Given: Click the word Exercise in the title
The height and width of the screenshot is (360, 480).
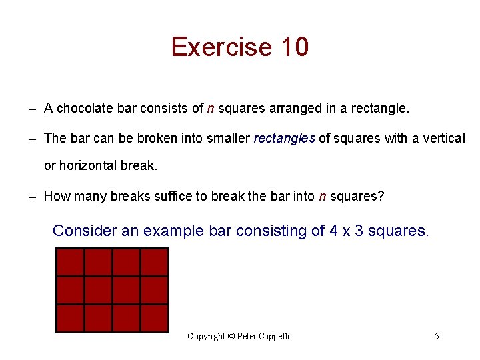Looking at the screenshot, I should pyautogui.click(x=212, y=47).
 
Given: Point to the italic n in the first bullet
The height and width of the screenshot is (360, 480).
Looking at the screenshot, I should pyautogui.click(x=211, y=108).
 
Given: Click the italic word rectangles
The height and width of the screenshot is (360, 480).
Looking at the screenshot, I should pyautogui.click(x=285, y=139).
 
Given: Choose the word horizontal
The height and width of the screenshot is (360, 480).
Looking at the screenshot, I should pyautogui.click(x=89, y=165).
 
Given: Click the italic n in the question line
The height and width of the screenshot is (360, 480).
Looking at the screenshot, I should pyautogui.click(x=323, y=196).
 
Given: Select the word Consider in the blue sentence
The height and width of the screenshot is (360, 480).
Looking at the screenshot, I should pyautogui.click(x=85, y=231).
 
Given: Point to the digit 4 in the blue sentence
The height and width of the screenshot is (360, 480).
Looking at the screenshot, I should pyautogui.click(x=333, y=231).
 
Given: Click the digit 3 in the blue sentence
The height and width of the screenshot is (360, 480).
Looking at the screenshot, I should pyautogui.click(x=359, y=231).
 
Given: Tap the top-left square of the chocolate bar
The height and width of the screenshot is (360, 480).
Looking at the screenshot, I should pyautogui.click(x=70, y=262).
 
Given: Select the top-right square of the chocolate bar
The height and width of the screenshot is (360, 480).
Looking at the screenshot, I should pyautogui.click(x=154, y=262).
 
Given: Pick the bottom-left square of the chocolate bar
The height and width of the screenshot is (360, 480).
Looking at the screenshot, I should pyautogui.click(x=70, y=318).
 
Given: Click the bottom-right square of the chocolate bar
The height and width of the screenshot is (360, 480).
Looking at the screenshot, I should pyautogui.click(x=154, y=318).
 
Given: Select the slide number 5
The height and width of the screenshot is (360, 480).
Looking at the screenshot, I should pyautogui.click(x=437, y=336).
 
